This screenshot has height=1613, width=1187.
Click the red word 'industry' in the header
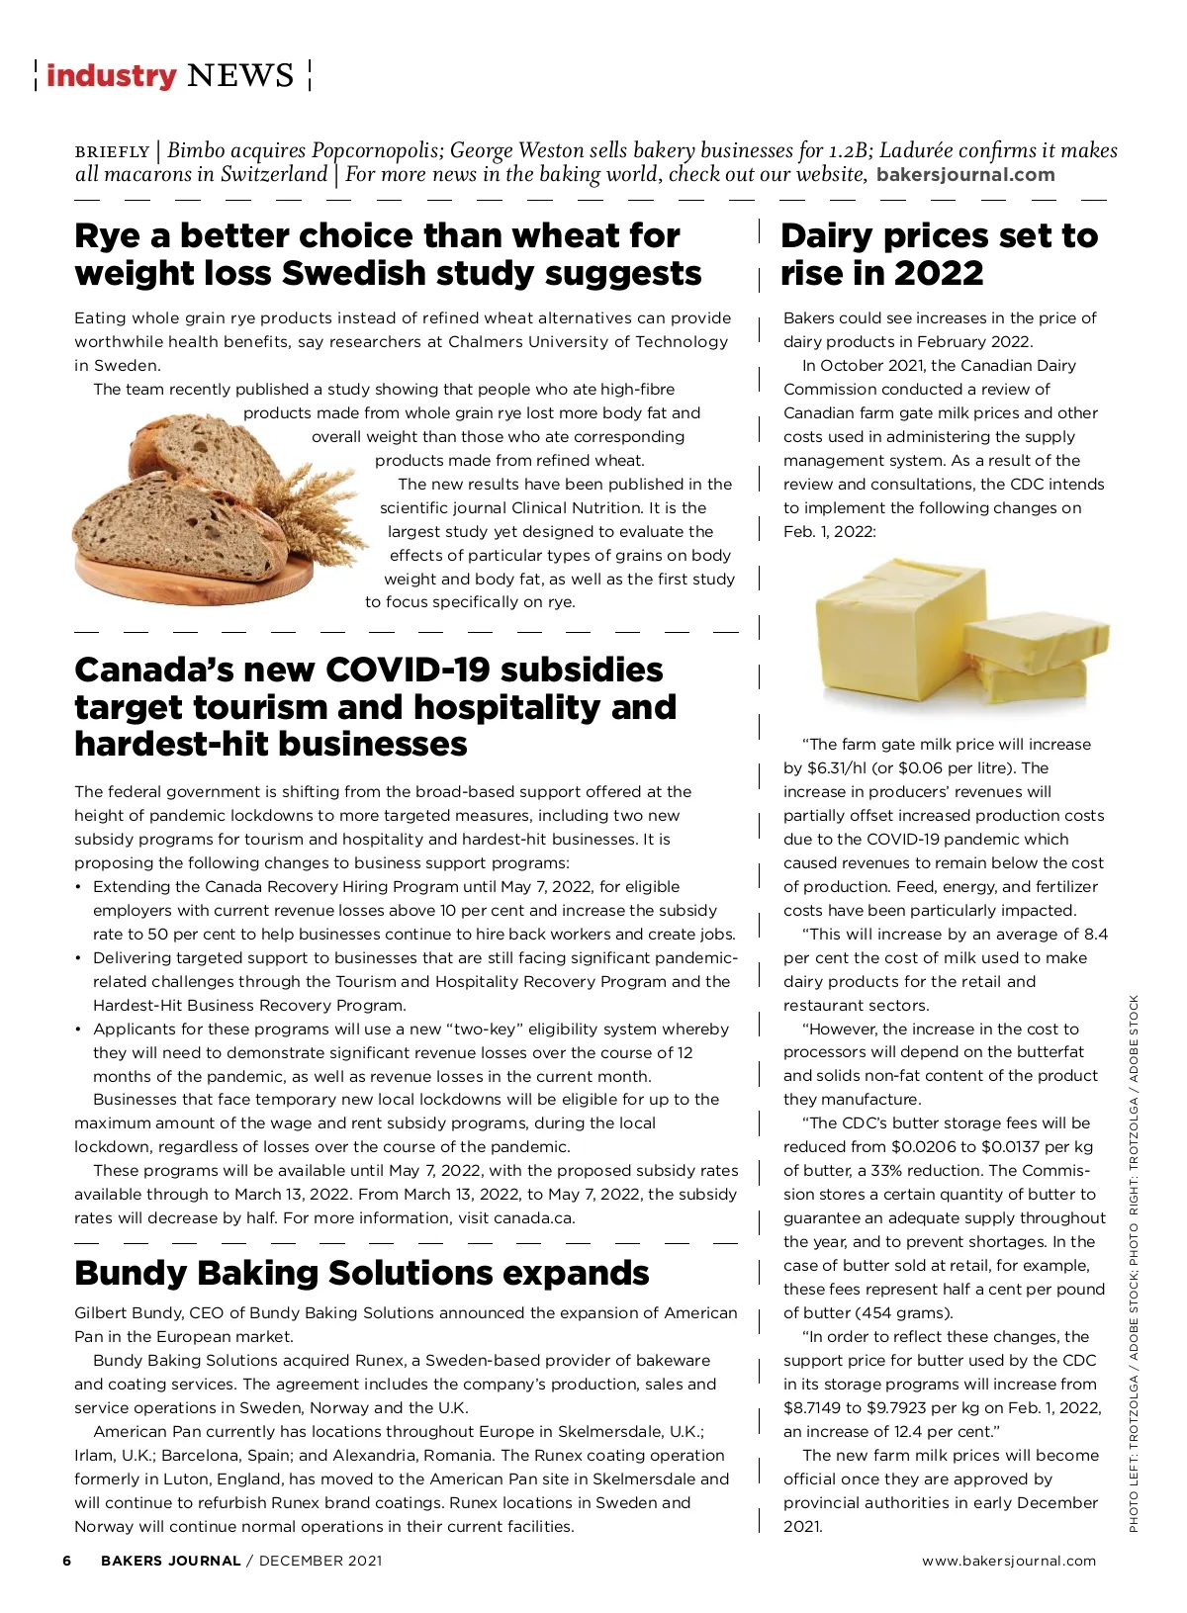tap(111, 75)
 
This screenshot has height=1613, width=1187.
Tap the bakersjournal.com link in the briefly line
tap(965, 175)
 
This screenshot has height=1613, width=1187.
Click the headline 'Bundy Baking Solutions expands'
tap(361, 1273)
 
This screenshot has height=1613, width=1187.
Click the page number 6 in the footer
tap(67, 1561)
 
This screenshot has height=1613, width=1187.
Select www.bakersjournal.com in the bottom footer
tap(1009, 1561)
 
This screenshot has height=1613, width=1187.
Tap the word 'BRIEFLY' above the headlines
tap(112, 152)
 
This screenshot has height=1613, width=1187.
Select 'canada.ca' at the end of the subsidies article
tap(533, 1217)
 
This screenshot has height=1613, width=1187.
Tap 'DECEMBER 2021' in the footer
tap(320, 1561)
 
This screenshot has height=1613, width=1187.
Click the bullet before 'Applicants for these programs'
tap(78, 1029)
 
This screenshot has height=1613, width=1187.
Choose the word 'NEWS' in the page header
tap(240, 75)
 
